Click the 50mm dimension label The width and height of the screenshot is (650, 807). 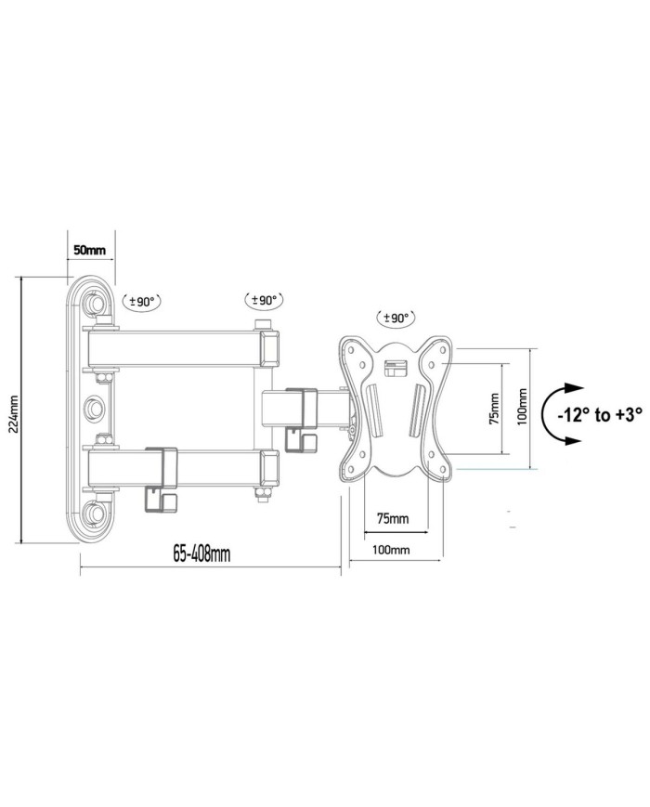[89, 252]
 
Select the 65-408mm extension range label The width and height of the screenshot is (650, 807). [201, 554]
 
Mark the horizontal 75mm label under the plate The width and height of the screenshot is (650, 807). [392, 516]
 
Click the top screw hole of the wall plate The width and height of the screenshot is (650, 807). [94, 303]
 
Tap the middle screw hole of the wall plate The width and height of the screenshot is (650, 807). [94, 408]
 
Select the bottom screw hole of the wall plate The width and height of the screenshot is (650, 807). [94, 513]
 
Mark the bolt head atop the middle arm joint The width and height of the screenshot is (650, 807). [263, 325]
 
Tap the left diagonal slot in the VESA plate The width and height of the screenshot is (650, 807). [366, 410]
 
